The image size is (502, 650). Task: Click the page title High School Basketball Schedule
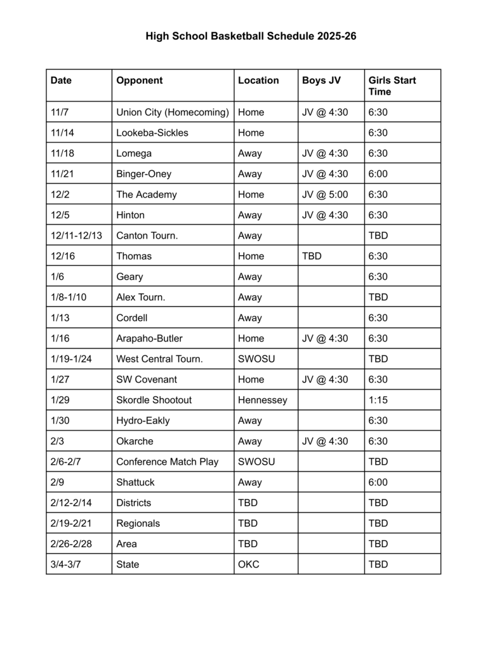pyautogui.click(x=251, y=36)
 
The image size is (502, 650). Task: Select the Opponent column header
pyautogui.click(x=140, y=81)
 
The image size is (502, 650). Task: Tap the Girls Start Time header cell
pyautogui.click(x=392, y=86)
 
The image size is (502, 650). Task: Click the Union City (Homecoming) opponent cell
pyautogui.click(x=172, y=112)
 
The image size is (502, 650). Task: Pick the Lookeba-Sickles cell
pyautogui.click(x=152, y=133)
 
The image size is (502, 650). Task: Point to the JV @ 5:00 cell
pyautogui.click(x=325, y=194)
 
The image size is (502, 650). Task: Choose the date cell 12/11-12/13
pyautogui.click(x=76, y=235)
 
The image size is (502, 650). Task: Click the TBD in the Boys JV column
pyautogui.click(x=312, y=256)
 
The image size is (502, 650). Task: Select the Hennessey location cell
pyautogui.click(x=263, y=400)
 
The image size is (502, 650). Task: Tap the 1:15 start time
pyautogui.click(x=378, y=400)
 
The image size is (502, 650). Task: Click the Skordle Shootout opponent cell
pyautogui.click(x=154, y=400)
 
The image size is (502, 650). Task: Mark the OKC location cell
pyautogui.click(x=249, y=564)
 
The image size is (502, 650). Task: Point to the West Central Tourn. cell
pyautogui.click(x=159, y=359)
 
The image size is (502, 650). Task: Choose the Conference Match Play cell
pyautogui.click(x=167, y=461)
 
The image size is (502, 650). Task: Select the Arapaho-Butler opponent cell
pyautogui.click(x=149, y=338)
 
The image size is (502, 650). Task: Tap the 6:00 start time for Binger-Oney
pyautogui.click(x=378, y=174)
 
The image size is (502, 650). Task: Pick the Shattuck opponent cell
pyautogui.click(x=135, y=482)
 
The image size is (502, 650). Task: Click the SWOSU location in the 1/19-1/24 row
pyautogui.click(x=256, y=359)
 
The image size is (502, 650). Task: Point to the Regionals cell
pyautogui.click(x=138, y=523)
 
